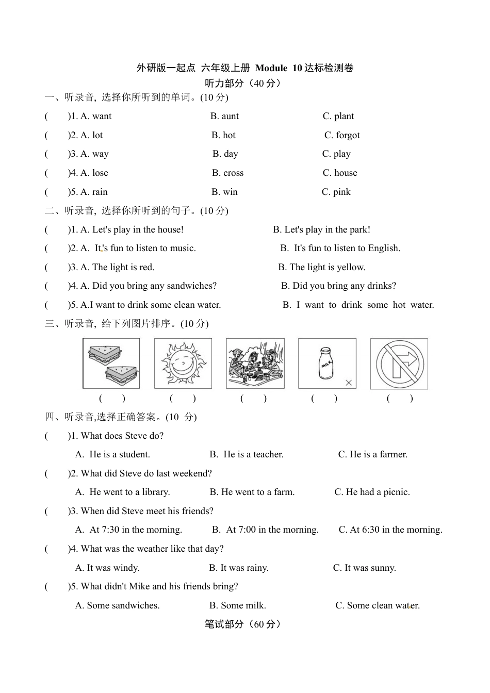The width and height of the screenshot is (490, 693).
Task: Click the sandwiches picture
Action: click(x=111, y=364)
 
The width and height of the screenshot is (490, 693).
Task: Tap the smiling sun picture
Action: click(x=183, y=364)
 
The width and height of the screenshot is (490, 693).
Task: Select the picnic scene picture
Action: click(x=255, y=364)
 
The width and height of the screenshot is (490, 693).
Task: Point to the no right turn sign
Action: click(x=399, y=364)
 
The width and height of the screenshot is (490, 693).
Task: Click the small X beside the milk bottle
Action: click(x=349, y=383)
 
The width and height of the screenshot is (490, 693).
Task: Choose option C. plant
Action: click(x=338, y=116)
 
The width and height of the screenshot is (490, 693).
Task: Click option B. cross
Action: click(x=227, y=173)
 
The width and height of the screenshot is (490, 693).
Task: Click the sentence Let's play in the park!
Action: click(x=321, y=229)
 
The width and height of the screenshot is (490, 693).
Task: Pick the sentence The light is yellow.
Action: click(x=322, y=267)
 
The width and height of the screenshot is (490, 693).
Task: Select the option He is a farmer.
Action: click(x=373, y=454)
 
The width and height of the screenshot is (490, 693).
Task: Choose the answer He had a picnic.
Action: click(x=372, y=492)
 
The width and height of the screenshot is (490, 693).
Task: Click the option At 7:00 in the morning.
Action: click(x=266, y=530)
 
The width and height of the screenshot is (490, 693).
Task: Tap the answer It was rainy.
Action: click(x=239, y=568)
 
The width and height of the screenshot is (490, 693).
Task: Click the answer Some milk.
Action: click(x=238, y=605)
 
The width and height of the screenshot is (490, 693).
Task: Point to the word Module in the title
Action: click(x=271, y=68)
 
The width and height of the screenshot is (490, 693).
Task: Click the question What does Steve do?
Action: click(x=122, y=436)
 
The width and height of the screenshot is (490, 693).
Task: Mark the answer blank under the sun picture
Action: click(x=183, y=398)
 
